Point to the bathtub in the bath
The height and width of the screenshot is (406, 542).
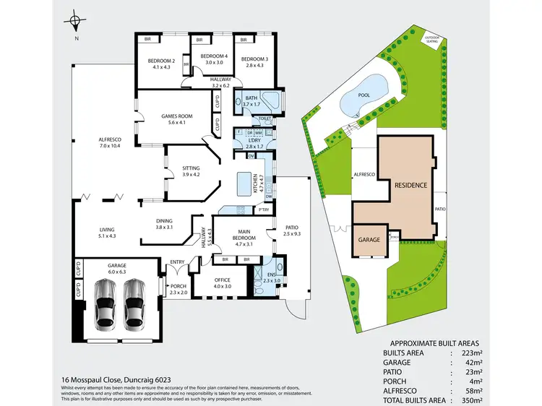(x=272, y=100)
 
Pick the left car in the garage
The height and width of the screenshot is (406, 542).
(x=107, y=302)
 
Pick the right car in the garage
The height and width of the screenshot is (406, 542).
(x=134, y=302)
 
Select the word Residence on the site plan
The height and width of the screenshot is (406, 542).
(x=410, y=185)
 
